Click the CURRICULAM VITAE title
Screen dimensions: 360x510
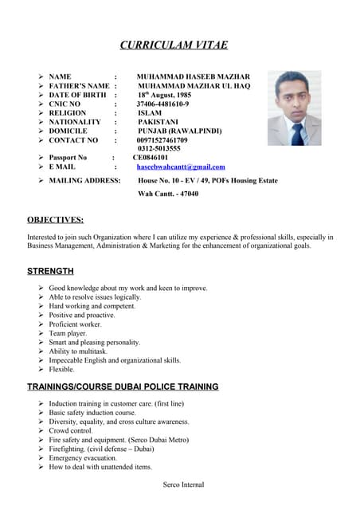178,45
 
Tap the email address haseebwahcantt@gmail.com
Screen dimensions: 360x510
181,167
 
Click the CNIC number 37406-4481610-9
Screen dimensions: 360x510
162,104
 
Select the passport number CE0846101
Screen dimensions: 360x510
150,158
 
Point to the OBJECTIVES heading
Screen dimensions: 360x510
55,220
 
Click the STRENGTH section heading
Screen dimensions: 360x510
50,272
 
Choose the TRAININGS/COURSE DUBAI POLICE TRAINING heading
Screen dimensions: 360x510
123,386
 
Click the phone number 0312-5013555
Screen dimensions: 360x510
158,148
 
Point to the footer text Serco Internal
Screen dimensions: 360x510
183,484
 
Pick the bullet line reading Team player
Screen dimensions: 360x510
68,333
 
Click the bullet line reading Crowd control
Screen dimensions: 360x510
70,430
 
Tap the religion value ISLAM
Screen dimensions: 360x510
150,113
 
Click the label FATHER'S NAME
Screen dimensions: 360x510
79,86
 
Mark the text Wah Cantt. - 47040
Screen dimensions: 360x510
168,194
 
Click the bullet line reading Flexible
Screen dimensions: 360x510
61,370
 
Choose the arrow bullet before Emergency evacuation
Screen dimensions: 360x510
41,458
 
